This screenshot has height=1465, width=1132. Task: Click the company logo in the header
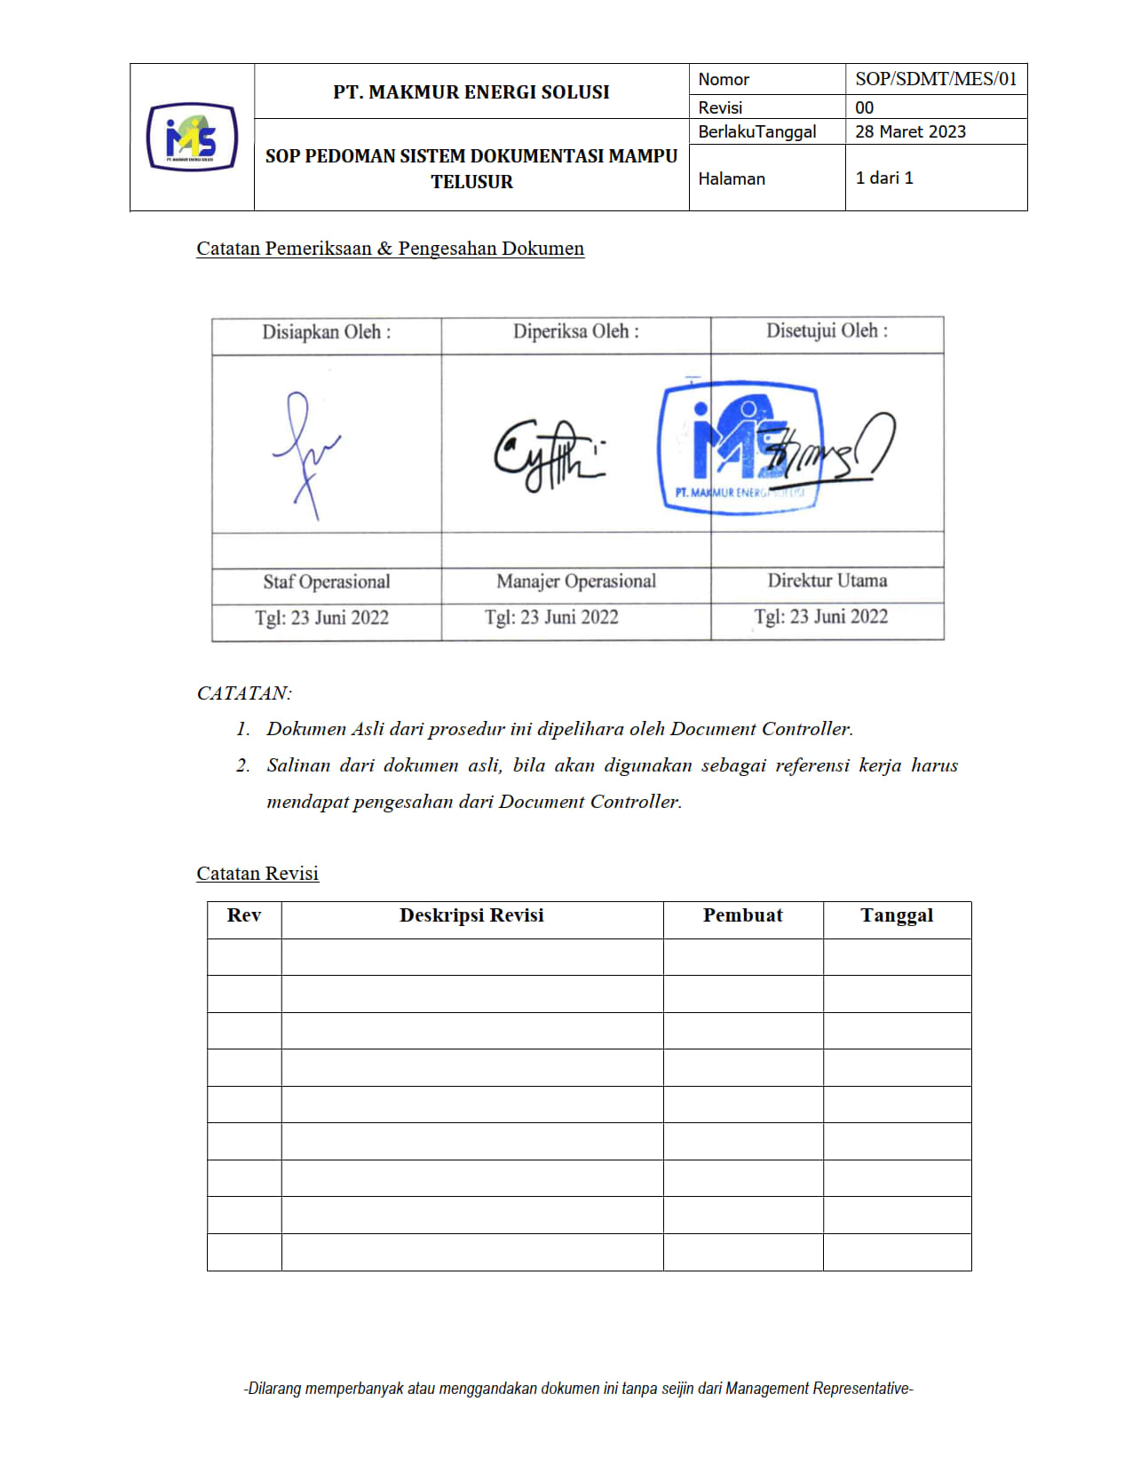coord(192,137)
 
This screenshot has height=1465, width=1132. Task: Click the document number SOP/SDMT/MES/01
coord(935,79)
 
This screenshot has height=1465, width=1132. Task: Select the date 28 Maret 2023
coord(910,131)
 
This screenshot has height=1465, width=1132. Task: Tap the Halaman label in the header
coord(731,178)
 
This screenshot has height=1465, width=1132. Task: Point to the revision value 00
coord(864,107)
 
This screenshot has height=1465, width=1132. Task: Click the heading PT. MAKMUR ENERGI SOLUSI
coord(471,91)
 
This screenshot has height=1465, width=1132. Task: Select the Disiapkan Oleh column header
coord(326,332)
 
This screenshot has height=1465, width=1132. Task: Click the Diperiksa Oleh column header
coord(575,331)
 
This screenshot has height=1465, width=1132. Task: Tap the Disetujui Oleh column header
coord(827,330)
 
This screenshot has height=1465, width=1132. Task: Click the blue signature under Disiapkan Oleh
coord(305,453)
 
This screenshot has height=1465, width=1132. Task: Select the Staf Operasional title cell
coord(326,582)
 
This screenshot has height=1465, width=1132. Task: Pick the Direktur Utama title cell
coord(827,580)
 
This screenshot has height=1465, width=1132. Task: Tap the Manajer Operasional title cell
coord(575,581)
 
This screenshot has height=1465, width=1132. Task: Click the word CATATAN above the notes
coord(244,693)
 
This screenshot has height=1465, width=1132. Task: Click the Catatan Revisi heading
coord(257,873)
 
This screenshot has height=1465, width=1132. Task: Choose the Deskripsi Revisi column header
coord(471,915)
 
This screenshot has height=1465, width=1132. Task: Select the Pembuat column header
coord(742,915)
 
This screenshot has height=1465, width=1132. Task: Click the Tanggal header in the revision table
coord(896,915)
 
